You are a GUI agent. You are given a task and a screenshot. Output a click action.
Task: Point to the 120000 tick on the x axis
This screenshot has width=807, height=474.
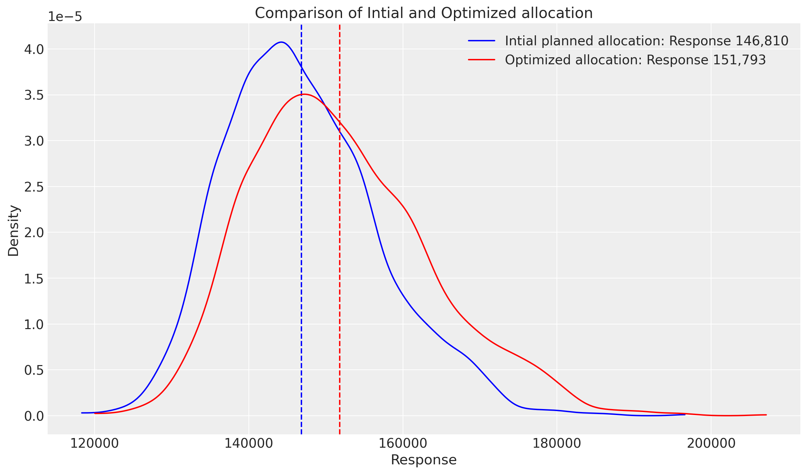[95, 443]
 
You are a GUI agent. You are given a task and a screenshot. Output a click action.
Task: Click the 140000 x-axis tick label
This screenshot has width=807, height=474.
[249, 443]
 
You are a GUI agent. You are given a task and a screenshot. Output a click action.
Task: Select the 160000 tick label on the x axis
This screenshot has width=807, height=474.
[403, 443]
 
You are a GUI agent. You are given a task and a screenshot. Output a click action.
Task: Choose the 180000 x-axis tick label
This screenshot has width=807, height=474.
[557, 443]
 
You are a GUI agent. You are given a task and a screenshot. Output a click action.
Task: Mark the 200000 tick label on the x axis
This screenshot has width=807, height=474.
[710, 443]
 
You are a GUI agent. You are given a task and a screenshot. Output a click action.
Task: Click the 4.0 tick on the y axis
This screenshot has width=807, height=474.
[34, 50]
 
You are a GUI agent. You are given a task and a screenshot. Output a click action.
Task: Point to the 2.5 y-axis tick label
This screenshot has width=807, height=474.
[34, 187]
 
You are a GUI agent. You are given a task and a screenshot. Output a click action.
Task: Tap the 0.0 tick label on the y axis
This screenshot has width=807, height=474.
[34, 416]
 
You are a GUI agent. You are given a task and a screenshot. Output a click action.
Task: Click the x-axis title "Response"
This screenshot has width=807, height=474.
[423, 460]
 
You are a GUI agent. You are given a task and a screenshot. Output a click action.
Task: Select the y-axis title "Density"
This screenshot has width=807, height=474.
[14, 231]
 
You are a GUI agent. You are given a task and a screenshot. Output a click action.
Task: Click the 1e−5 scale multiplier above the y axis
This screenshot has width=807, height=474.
[65, 17]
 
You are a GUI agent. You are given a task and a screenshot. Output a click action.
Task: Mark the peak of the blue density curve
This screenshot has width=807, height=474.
[281, 42]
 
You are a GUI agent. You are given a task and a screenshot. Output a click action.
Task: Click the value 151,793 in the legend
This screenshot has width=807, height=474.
[739, 60]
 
